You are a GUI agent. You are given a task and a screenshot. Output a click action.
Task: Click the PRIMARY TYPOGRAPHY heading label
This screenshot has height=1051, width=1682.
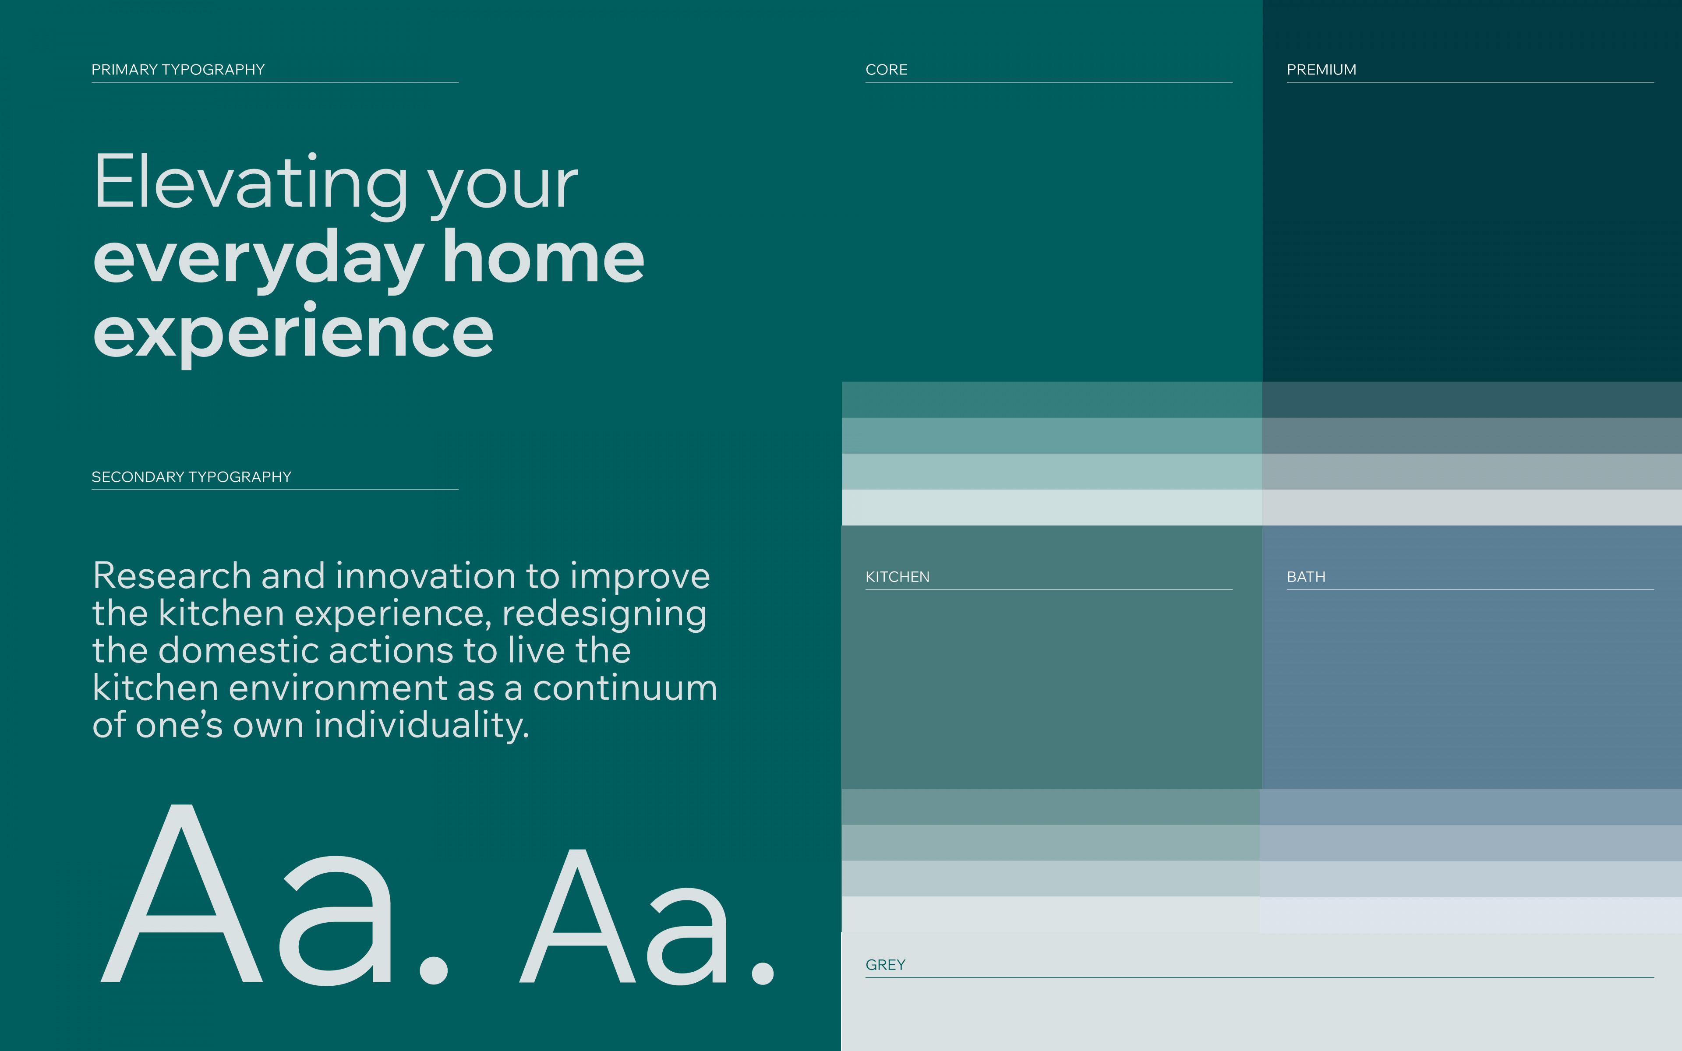178,70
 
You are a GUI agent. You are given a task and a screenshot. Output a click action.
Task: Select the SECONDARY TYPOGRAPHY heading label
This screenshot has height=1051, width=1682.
191,477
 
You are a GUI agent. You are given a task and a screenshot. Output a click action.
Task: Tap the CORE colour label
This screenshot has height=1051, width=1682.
886,70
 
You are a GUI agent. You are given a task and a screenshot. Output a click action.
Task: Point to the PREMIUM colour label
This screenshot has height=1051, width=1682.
1321,70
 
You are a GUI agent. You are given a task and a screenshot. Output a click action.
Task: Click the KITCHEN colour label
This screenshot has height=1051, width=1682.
898,577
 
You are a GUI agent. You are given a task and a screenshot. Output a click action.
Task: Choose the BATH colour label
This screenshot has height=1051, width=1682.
1306,577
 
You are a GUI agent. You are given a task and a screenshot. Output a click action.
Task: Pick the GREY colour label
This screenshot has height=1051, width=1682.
886,965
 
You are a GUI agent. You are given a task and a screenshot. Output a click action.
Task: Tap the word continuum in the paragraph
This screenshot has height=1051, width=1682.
625,688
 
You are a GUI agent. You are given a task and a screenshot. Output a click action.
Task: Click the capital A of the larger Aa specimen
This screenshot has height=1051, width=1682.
182,894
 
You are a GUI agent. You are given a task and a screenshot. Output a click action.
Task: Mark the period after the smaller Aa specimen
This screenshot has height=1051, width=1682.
763,973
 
